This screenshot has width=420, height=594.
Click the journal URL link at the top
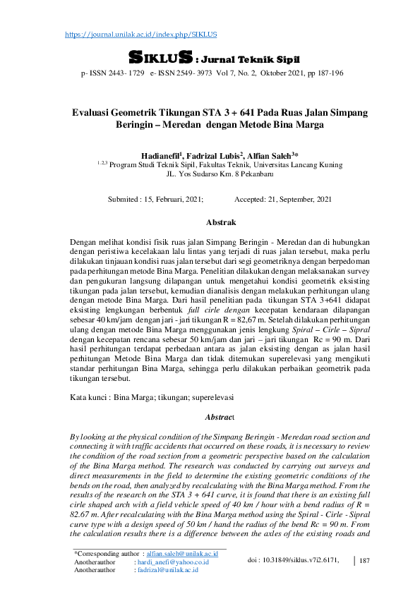pos(141,35)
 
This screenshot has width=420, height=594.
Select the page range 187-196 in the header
pos(328,73)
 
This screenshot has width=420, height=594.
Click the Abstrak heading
pos(221,223)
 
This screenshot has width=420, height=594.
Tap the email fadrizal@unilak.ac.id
pos(168,570)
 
